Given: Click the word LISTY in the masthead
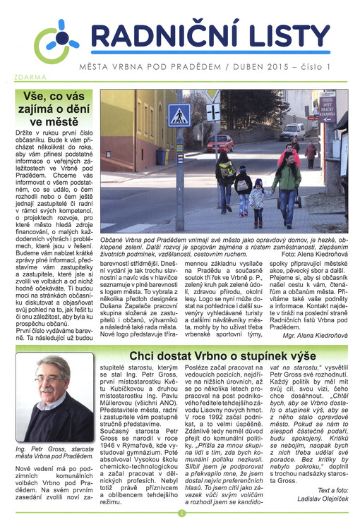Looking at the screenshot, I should tap(282, 36).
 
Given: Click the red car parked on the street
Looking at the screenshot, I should tap(220, 142).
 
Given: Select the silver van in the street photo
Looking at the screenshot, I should tap(311, 131).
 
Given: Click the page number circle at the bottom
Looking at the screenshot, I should tap(181, 513).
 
